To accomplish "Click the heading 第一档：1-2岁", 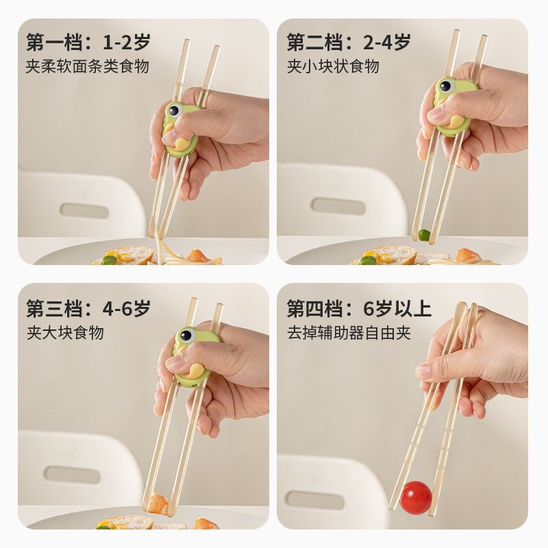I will click(x=88, y=42).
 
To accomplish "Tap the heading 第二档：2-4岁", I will click(x=349, y=42).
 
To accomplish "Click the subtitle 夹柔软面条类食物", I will click(x=88, y=66).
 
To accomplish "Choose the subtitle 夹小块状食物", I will click(x=333, y=66).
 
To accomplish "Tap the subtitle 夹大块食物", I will click(x=65, y=333).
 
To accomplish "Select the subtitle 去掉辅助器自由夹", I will click(x=349, y=333).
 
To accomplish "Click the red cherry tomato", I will click(x=416, y=495).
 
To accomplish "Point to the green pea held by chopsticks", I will click(x=425, y=234).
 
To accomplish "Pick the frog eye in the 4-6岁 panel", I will click(x=185, y=336).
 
